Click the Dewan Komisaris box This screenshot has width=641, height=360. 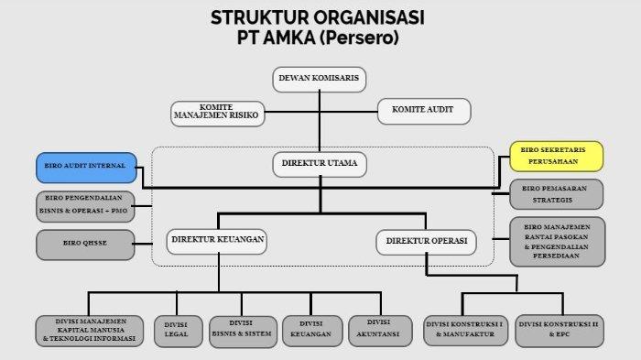pyautogui.click(x=320, y=80)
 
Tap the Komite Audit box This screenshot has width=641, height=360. pyautogui.click(x=424, y=112)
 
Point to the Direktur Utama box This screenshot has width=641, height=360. pyautogui.click(x=320, y=166)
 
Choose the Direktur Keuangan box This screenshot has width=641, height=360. pyautogui.click(x=217, y=241)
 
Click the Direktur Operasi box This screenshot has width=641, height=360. pyautogui.click(x=426, y=242)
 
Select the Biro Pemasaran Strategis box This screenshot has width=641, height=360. pyautogui.click(x=557, y=193)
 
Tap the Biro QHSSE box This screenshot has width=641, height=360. pyautogui.click(x=84, y=244)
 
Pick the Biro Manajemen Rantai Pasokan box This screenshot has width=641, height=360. pyautogui.click(x=557, y=241)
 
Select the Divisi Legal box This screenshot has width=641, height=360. pyautogui.click(x=175, y=332)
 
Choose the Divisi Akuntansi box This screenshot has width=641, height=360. pyautogui.click(x=376, y=331)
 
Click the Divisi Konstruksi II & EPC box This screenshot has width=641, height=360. pyautogui.click(x=559, y=331)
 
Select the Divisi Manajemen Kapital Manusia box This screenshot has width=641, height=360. pyautogui.click(x=91, y=331)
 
